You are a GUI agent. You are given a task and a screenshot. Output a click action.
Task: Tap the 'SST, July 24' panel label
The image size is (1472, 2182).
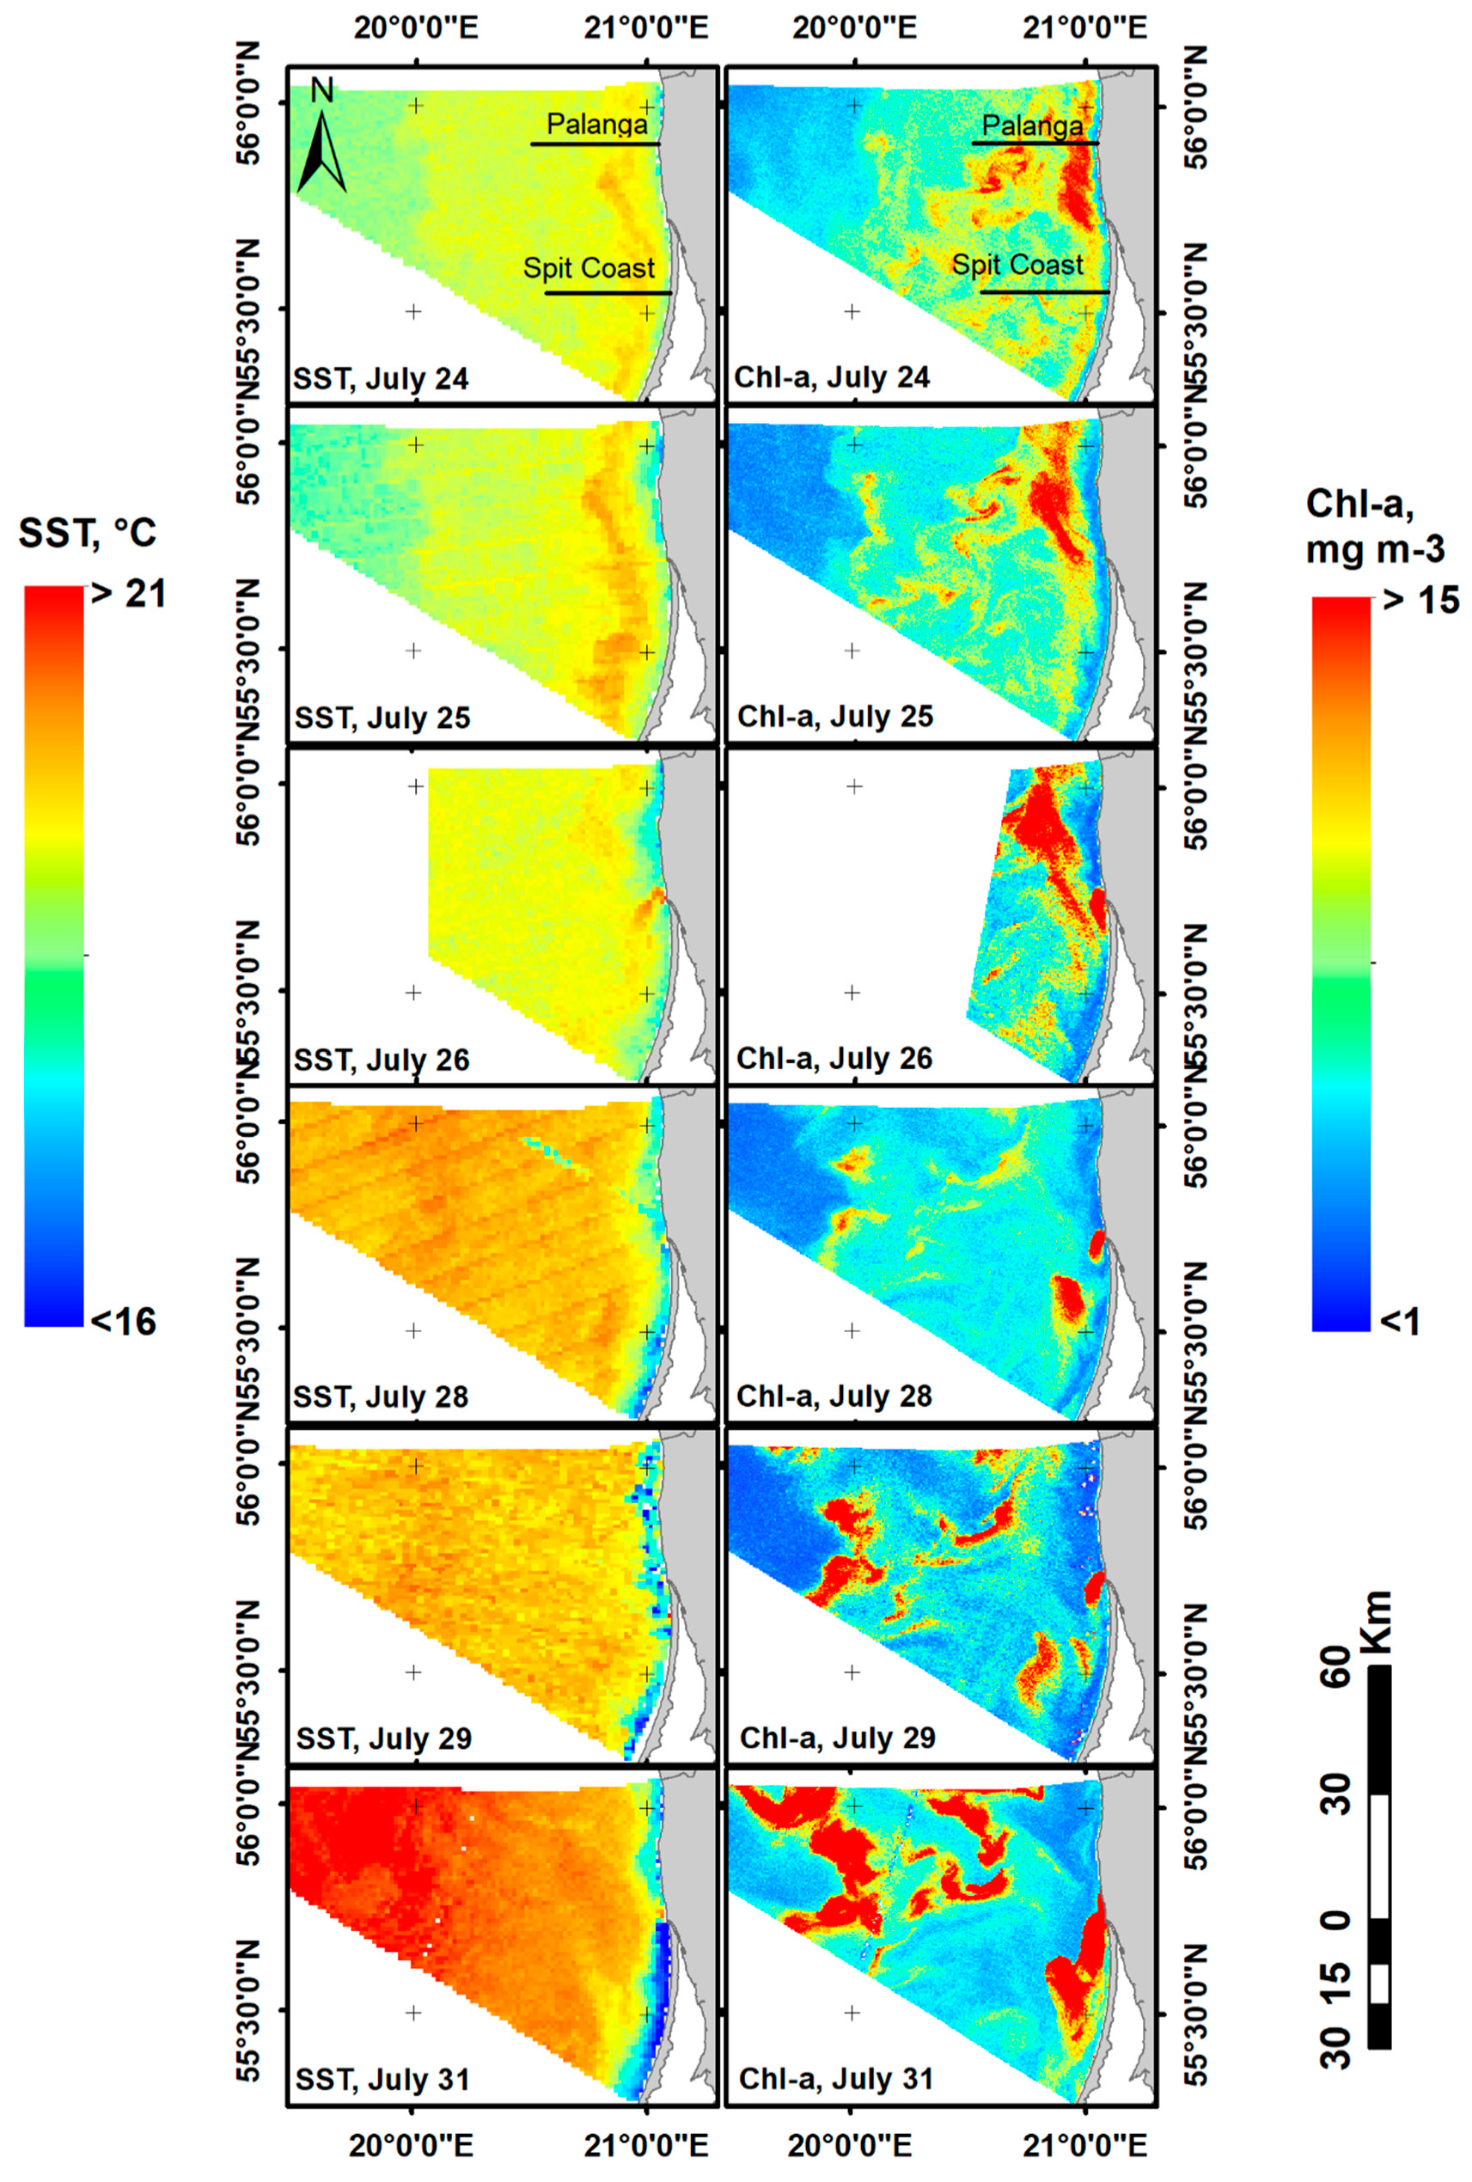coord(382,378)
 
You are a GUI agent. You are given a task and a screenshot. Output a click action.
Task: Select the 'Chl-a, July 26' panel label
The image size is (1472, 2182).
coord(834,1059)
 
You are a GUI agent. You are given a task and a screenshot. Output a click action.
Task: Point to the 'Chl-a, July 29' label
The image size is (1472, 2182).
coord(837,1738)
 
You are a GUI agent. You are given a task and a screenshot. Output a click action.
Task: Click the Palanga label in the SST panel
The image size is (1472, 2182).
coord(597,124)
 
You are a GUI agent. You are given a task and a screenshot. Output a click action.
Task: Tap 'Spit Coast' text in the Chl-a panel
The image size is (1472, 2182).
coord(1017,265)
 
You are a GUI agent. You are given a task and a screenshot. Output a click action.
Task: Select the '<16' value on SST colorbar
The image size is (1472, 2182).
coord(122,1322)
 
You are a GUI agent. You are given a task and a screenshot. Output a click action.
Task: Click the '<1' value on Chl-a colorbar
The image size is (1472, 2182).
coord(1399,1322)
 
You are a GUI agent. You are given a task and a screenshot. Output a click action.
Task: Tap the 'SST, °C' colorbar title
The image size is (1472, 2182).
coord(88,534)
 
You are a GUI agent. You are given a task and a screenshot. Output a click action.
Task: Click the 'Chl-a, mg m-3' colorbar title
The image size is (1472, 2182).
coord(1374,527)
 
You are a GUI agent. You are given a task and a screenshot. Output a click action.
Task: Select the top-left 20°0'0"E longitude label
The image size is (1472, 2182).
coord(416,27)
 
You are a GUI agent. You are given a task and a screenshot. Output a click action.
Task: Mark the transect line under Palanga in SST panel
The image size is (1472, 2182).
coord(596,144)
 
